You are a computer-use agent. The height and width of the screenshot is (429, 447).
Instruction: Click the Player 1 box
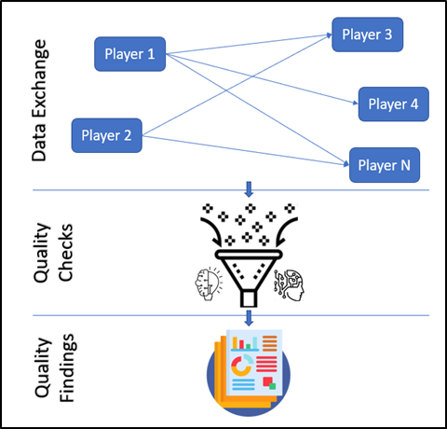(x=129, y=54)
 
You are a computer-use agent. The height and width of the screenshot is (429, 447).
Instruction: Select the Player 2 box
(x=107, y=135)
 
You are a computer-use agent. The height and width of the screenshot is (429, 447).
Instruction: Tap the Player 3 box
(x=368, y=35)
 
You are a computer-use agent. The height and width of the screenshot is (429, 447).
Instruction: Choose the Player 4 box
(x=394, y=104)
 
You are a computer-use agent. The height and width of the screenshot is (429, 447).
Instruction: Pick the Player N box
(x=385, y=165)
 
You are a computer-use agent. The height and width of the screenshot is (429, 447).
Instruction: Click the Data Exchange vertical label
(x=39, y=101)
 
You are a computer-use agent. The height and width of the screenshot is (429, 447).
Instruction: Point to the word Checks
(x=65, y=253)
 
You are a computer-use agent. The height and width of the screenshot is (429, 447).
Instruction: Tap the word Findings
(x=67, y=367)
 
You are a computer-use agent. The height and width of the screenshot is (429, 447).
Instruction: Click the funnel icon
(x=249, y=278)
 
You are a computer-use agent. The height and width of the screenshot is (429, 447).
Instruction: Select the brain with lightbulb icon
(x=209, y=284)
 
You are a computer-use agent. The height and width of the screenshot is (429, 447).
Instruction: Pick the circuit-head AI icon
(x=289, y=285)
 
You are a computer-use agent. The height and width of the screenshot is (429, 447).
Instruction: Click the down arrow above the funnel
(x=249, y=189)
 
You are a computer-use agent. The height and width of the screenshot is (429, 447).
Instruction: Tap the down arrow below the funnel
(x=249, y=318)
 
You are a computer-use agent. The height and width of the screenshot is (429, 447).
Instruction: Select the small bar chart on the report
(x=245, y=343)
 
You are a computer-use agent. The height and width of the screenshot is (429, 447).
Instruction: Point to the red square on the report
(x=267, y=381)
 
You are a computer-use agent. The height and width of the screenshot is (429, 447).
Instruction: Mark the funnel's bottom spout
(x=249, y=298)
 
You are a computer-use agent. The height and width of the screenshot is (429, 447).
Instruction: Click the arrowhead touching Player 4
(x=356, y=103)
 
